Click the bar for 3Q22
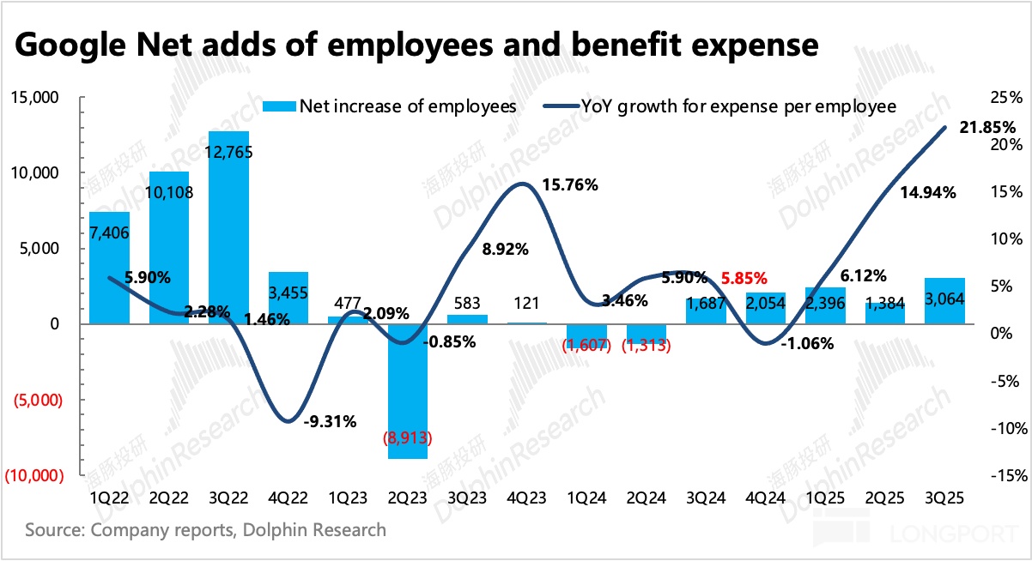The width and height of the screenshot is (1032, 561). coord(229,227)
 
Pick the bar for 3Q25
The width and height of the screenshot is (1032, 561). coord(944,301)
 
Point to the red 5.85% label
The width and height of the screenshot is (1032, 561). coord(743,278)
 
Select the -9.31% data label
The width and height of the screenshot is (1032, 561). coord(331,421)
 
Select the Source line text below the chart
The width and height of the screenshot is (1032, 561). coord(206,529)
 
